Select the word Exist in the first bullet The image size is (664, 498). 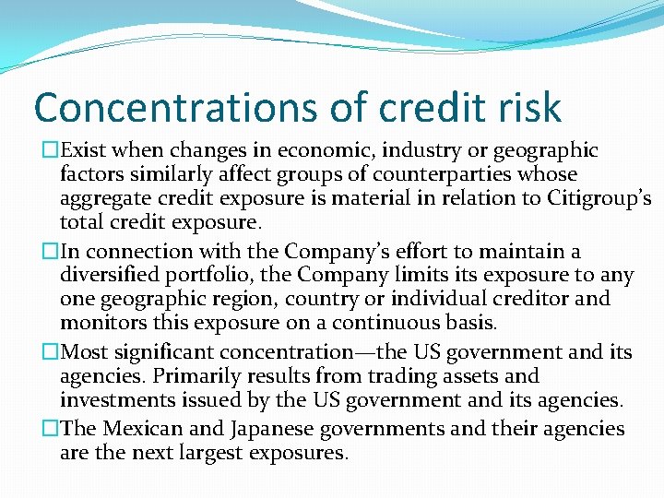(x=86, y=150)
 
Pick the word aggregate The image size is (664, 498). (x=105, y=198)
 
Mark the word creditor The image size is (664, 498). (x=530, y=299)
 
